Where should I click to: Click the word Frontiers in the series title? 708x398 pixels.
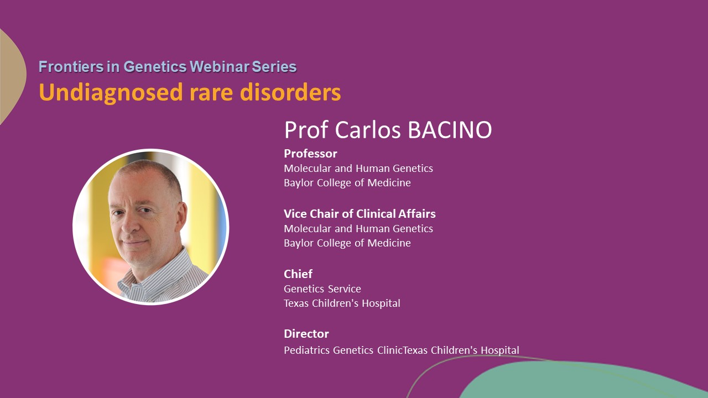(x=71, y=67)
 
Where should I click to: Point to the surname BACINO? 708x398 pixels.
(x=450, y=129)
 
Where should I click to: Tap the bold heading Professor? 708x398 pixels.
(x=310, y=154)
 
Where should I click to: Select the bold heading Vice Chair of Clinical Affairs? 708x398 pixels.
(x=360, y=214)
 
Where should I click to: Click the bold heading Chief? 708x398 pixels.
(x=298, y=274)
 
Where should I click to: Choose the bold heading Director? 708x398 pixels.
(x=306, y=334)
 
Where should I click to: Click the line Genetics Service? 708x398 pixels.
(x=322, y=289)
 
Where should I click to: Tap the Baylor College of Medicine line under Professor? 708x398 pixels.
(x=347, y=182)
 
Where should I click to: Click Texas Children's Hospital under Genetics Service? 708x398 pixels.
(x=342, y=303)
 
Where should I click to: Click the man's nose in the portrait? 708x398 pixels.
(x=129, y=224)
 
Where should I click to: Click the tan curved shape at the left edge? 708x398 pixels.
(x=11, y=76)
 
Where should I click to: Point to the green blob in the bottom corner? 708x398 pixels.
(x=585, y=381)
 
